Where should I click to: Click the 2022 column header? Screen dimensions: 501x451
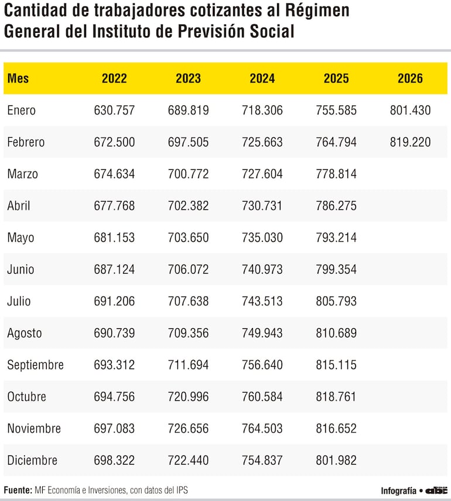[114, 79]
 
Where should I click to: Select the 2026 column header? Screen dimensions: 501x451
[410, 79]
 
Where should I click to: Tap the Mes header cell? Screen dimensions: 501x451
[18, 79]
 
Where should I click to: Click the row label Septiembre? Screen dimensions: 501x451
[35, 365]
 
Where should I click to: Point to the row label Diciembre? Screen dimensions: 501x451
[32, 461]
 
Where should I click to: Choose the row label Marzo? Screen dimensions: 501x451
[23, 174]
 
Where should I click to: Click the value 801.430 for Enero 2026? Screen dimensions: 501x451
[410, 110]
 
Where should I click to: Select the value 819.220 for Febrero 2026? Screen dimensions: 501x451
[410, 142]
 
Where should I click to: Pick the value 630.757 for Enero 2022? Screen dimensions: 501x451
[114, 110]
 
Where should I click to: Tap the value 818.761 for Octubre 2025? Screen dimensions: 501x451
[336, 397]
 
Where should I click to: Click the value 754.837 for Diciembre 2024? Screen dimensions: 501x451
[262, 461]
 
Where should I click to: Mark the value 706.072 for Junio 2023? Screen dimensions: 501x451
[188, 270]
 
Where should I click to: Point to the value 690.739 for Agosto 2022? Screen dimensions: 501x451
[114, 333]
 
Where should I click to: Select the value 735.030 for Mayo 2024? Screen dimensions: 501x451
[262, 238]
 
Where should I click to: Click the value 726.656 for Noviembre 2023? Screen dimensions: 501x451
[188, 429]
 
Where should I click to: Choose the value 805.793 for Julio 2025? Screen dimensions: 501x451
[336, 301]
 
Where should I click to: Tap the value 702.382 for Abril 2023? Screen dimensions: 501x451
[188, 206]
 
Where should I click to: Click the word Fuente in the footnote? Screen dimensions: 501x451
[18, 490]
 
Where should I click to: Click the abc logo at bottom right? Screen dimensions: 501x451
[436, 490]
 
